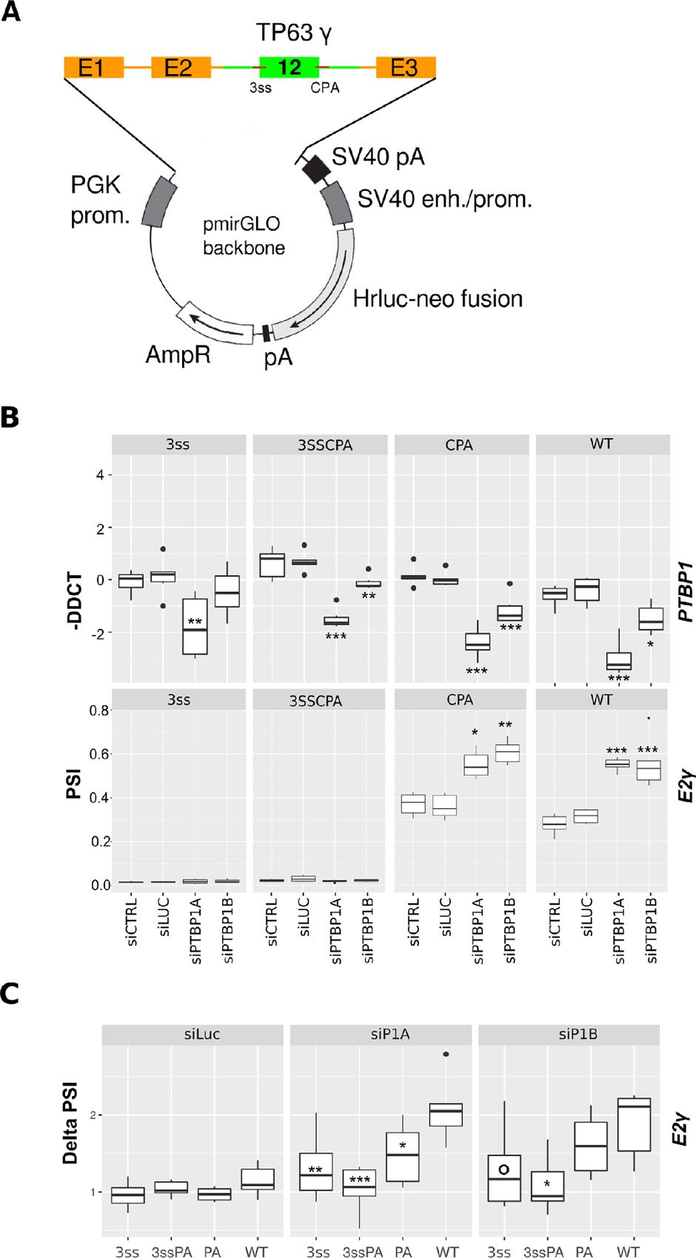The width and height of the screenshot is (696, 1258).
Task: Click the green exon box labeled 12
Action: point(289,67)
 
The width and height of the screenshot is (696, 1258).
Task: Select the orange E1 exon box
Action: point(93,68)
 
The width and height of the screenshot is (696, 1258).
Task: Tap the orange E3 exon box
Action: point(406,68)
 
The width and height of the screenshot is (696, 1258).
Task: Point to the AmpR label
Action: point(178,354)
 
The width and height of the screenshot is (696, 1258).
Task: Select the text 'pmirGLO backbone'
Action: point(244,235)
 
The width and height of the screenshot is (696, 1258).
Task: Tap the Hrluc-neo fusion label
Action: point(438,299)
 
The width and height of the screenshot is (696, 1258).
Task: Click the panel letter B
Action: point(10,418)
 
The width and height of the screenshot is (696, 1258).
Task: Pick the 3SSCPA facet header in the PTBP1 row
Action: point(320,445)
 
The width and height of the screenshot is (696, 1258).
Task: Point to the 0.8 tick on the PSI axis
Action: point(100,710)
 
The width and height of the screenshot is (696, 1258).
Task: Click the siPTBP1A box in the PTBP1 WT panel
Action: point(618,661)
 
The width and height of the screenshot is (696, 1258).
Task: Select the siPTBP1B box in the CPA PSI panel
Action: point(507,752)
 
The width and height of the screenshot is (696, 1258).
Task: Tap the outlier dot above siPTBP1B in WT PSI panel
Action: point(649,718)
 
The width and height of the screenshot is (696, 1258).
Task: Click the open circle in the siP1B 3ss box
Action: point(503,1169)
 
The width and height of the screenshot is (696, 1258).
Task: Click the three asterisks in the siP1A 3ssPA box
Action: point(360,1180)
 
